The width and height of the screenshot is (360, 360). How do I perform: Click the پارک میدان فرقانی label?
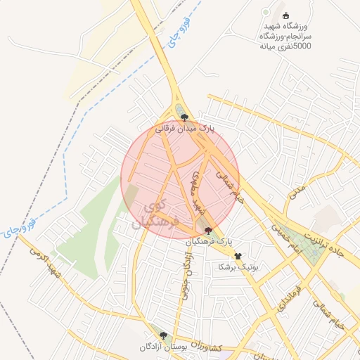point(185,129)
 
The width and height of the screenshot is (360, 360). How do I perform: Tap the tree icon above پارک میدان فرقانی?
point(184,117)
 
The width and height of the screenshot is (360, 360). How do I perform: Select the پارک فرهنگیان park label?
point(208,241)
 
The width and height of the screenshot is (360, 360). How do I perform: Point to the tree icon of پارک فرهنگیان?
point(207,230)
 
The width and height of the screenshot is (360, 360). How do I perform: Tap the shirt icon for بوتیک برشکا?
point(238,256)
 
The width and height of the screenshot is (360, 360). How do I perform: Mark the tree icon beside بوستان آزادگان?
point(164,336)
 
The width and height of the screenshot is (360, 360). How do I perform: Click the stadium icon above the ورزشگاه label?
point(285,15)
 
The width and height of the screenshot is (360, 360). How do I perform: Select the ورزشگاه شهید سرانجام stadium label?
point(285,36)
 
